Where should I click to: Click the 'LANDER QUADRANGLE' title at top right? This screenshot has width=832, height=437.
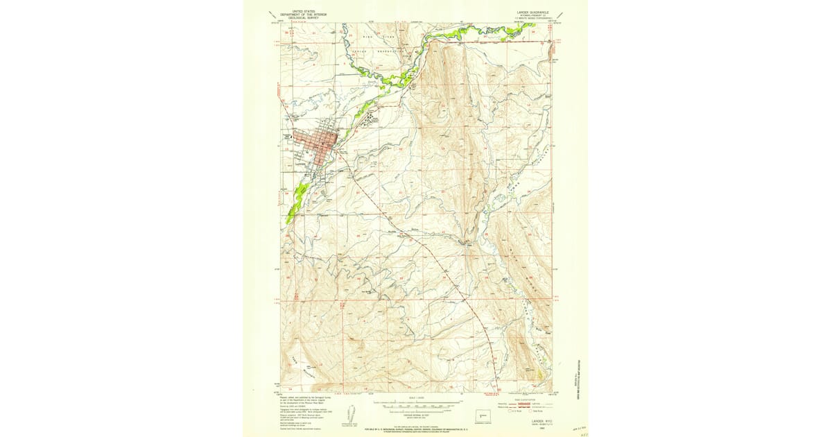(532, 12)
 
